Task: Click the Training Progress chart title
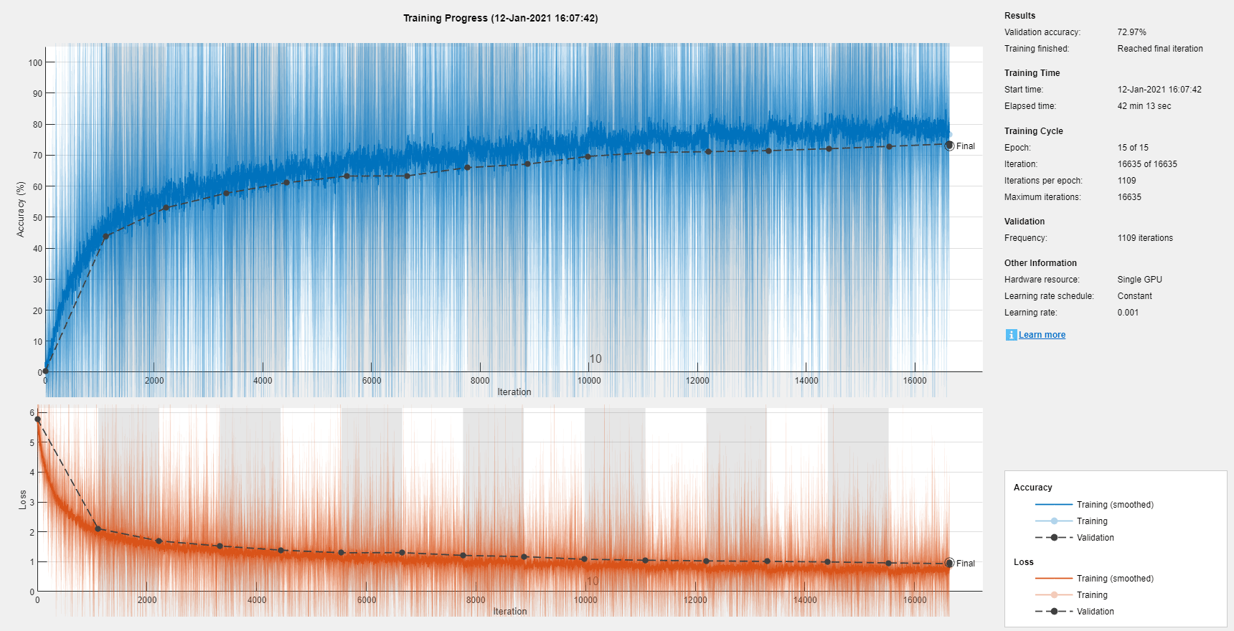pos(500,18)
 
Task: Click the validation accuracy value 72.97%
pos(1131,32)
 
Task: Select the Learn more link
pos(1042,335)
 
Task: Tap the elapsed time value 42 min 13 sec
pos(1144,106)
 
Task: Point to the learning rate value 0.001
pos(1128,313)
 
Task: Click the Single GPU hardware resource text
pos(1139,280)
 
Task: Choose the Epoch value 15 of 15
pos(1133,148)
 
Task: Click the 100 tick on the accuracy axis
pos(35,62)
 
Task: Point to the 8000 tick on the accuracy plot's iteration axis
pos(480,381)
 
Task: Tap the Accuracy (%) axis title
pos(21,209)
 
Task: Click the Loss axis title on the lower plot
pos(23,499)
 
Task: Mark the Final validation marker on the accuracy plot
pos(949,146)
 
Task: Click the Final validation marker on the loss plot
pos(949,563)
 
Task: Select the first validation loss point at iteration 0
pos(38,419)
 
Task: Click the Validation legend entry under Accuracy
pos(1095,538)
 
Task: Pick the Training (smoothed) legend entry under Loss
pos(1114,579)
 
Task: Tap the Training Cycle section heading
pos(1033,131)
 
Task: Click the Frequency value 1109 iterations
pos(1145,238)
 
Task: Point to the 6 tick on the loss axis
pos(32,413)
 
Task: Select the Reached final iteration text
pos(1159,49)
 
